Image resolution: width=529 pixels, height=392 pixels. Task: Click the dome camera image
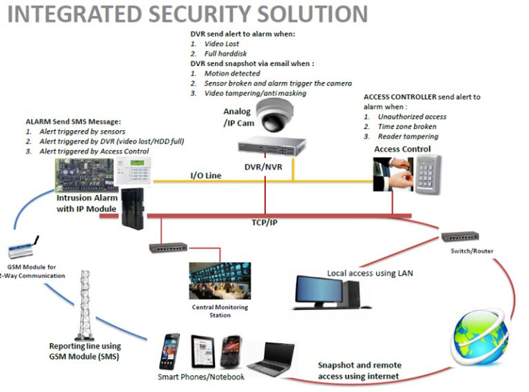click(x=273, y=115)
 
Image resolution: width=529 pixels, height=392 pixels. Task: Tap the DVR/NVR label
click(x=261, y=166)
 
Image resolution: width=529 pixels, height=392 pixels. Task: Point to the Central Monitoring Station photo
click(x=220, y=280)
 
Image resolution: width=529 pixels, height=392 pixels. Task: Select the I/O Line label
click(x=205, y=176)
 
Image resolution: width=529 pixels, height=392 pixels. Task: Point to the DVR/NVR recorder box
click(x=271, y=145)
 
